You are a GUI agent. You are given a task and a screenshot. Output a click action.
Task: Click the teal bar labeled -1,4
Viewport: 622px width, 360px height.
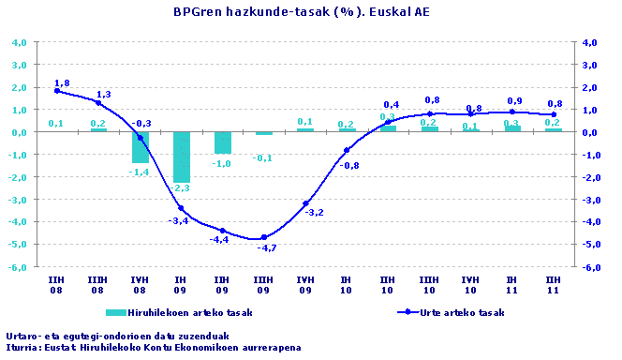click(140, 147)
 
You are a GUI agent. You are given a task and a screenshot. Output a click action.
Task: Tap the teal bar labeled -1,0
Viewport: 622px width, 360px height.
click(222, 142)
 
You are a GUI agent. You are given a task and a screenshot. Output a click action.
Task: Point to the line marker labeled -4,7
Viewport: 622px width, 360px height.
click(264, 237)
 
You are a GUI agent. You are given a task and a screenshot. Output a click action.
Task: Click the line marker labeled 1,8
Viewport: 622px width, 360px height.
click(57, 91)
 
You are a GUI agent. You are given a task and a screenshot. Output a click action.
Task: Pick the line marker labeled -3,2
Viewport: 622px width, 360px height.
click(305, 203)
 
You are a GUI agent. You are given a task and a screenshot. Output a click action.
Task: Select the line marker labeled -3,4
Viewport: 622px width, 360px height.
click(181, 208)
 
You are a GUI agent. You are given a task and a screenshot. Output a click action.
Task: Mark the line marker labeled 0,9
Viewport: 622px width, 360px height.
click(511, 112)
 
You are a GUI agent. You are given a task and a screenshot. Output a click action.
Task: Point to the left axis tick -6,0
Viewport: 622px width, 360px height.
click(18, 267)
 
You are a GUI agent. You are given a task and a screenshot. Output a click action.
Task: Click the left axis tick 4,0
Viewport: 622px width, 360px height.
click(18, 42)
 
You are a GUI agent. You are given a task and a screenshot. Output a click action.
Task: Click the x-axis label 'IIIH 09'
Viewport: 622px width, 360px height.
click(263, 284)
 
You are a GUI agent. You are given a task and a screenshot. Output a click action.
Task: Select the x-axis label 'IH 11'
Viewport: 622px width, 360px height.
click(511, 284)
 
